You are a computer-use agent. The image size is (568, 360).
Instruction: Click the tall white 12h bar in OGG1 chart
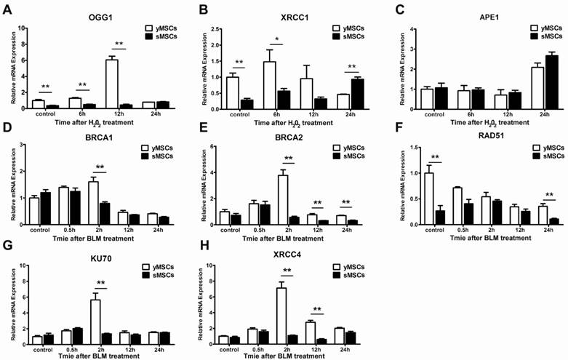click(112, 84)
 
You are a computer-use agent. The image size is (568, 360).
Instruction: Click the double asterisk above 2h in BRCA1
click(100, 168)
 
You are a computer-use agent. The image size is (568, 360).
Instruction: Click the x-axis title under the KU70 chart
click(91, 355)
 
